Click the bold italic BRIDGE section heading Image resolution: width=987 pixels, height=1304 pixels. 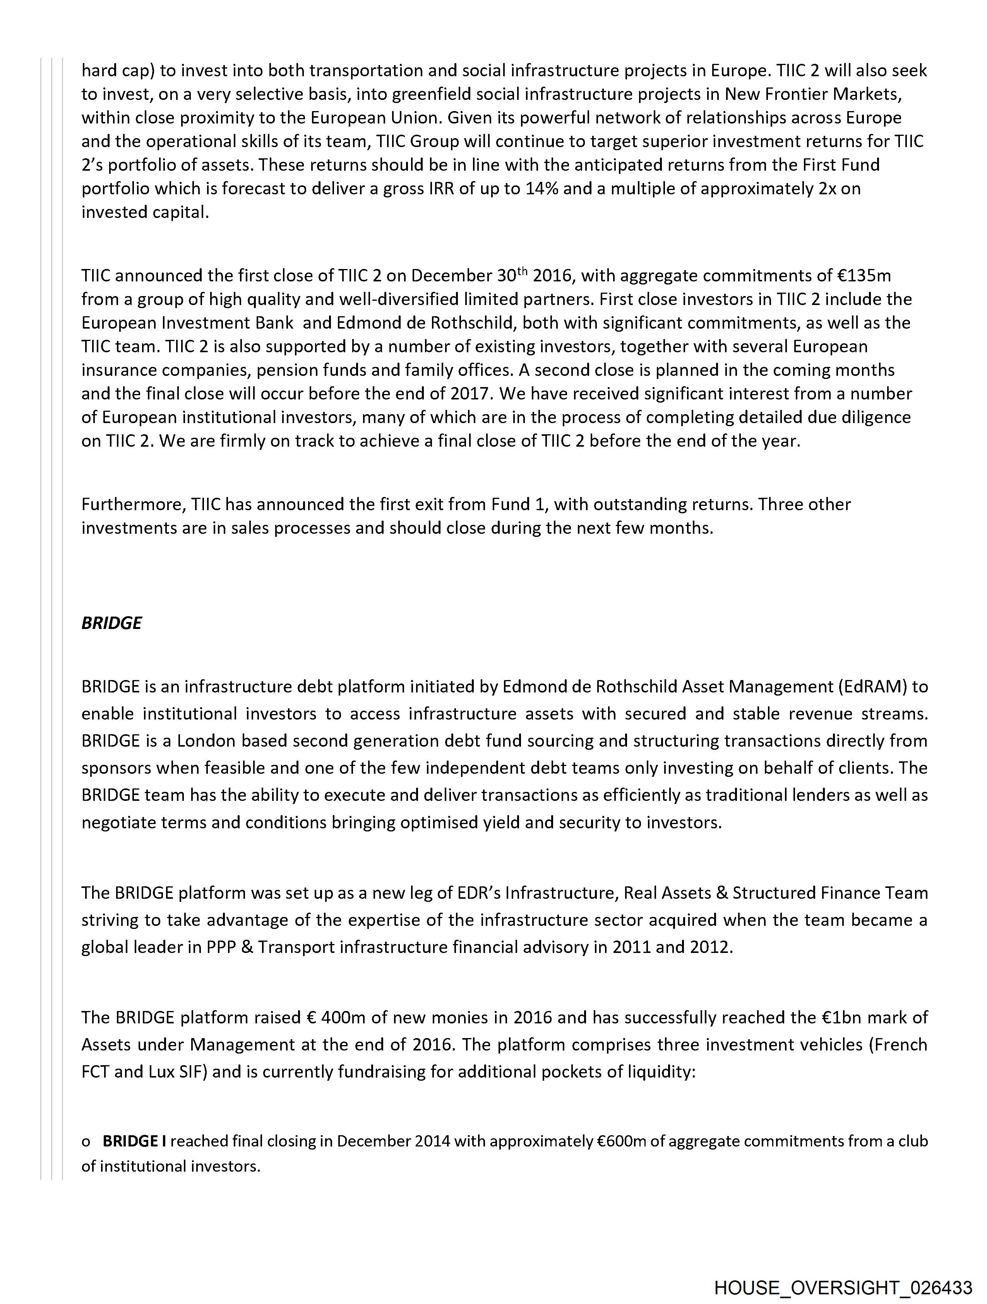click(x=111, y=623)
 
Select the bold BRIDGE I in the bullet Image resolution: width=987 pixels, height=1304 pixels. click(x=134, y=1141)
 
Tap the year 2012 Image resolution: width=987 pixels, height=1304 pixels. click(x=711, y=948)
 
